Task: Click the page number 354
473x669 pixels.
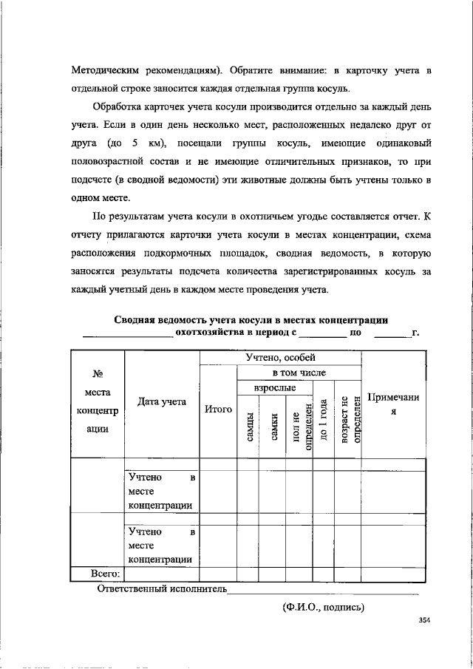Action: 423,621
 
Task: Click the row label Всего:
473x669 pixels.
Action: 106,574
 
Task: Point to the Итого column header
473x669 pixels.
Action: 218,409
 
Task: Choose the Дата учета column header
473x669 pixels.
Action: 161,402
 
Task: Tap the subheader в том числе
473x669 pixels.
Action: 299,373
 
